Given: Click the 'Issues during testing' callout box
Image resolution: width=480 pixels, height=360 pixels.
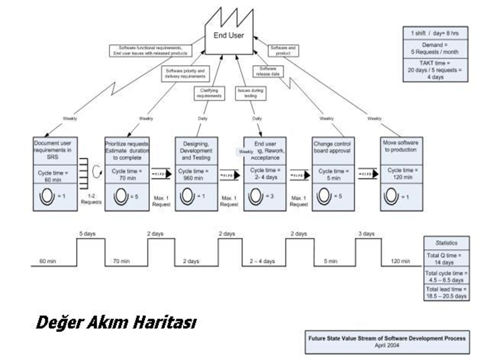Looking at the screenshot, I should click(250, 92).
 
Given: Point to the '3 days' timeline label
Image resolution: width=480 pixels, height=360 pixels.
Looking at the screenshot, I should click(366, 233).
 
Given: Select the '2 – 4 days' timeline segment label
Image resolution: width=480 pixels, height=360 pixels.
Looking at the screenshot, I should click(262, 261).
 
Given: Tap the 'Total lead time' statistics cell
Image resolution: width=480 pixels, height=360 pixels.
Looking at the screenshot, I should click(446, 292).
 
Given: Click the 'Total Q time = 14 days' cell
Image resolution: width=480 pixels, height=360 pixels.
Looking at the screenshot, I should click(446, 258).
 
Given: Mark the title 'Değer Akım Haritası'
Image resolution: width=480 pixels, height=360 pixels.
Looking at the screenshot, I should click(115, 323).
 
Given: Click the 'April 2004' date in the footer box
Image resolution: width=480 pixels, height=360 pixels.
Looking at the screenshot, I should click(387, 345).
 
